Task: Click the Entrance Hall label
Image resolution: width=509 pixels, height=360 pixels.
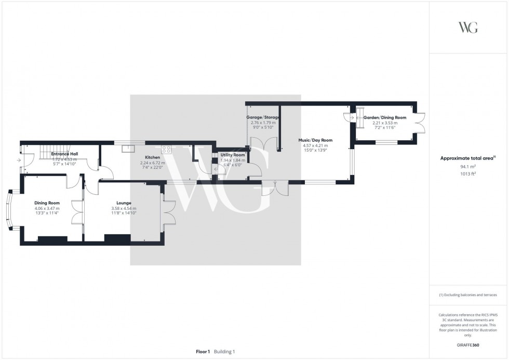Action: click(x=64, y=154)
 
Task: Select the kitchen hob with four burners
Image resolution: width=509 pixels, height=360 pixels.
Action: click(x=167, y=150)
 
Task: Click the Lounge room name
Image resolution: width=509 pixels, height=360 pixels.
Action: click(x=124, y=203)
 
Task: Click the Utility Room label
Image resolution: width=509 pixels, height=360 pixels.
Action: click(x=232, y=155)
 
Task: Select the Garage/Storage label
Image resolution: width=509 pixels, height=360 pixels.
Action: click(x=263, y=117)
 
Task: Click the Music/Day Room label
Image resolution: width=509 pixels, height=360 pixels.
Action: click(x=315, y=140)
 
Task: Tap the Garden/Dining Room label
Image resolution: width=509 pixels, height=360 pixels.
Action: click(x=385, y=118)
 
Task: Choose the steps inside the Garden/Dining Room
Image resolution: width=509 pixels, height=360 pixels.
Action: click(x=357, y=118)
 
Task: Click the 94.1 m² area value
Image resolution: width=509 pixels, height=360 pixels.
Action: click(x=468, y=167)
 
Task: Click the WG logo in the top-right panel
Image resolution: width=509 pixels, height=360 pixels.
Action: click(x=467, y=28)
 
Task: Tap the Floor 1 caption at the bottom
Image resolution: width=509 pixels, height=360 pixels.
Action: click(x=203, y=352)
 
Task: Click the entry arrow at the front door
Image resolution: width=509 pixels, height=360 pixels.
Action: click(x=18, y=161)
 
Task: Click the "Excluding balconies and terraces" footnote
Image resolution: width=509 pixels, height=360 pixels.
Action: click(x=468, y=295)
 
